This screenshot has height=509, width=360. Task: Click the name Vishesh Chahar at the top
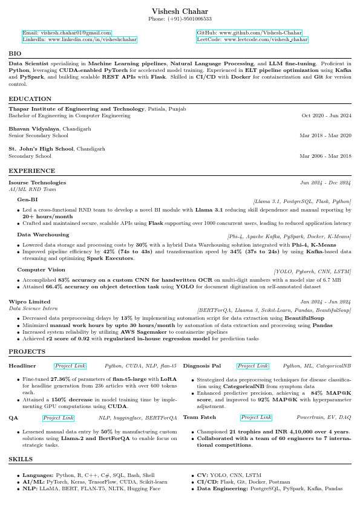[x=180, y=11]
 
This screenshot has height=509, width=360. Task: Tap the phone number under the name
[x=180, y=20]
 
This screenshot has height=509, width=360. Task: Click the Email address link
[x=67, y=33]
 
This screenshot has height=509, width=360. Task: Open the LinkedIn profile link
[x=79, y=39]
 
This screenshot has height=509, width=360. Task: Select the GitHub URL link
[x=249, y=33]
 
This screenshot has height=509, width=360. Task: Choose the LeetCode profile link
[x=252, y=39]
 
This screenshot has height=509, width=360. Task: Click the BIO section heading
[x=15, y=54]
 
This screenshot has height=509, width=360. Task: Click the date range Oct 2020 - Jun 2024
[x=326, y=115]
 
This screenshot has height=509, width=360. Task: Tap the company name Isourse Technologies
[x=37, y=183]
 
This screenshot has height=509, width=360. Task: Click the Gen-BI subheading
[x=27, y=199]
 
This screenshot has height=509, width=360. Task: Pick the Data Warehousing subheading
[x=43, y=234]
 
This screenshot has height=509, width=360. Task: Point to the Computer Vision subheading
[x=41, y=270]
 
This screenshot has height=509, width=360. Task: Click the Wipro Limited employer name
[x=30, y=302]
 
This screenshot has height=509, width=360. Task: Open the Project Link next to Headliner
[x=70, y=366]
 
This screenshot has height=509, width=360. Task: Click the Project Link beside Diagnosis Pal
[x=253, y=366]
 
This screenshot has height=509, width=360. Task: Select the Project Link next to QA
[x=58, y=418]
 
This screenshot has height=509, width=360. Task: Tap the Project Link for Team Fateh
[x=256, y=418]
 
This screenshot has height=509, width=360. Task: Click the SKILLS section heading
[x=21, y=460]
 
